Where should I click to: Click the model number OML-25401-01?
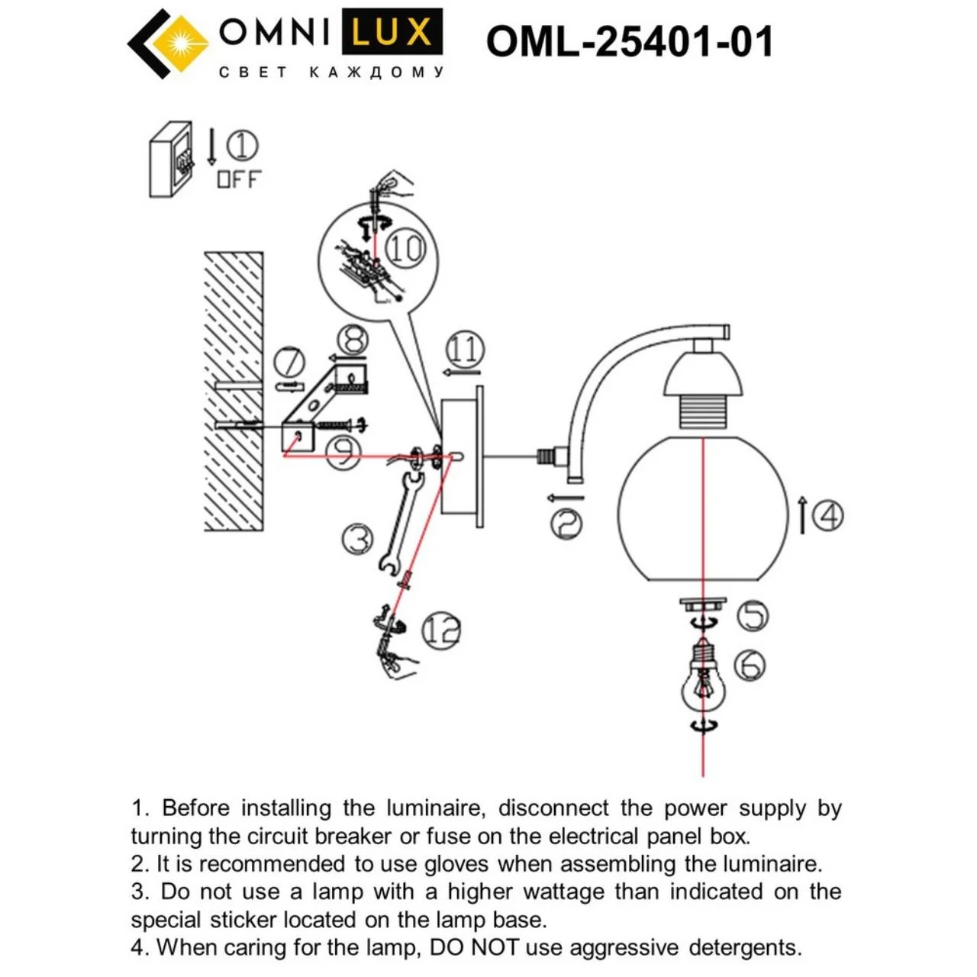(x=629, y=41)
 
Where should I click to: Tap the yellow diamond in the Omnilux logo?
(x=181, y=43)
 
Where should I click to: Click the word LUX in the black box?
(x=392, y=32)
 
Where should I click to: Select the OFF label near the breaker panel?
(x=239, y=179)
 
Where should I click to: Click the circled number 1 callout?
(x=242, y=146)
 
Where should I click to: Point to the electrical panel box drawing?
(x=172, y=160)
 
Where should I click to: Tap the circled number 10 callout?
(x=405, y=249)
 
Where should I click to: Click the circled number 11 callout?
(x=465, y=350)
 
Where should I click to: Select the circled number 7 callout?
(x=289, y=363)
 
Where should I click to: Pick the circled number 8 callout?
(x=353, y=339)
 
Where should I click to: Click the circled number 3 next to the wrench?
(x=357, y=538)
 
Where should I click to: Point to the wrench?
(x=401, y=524)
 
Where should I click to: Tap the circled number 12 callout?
(x=441, y=630)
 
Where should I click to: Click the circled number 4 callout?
(x=828, y=516)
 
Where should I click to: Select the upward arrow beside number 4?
(x=802, y=514)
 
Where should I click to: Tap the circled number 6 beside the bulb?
(x=750, y=665)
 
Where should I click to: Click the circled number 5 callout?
(x=753, y=616)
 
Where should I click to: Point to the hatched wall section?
(x=234, y=391)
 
